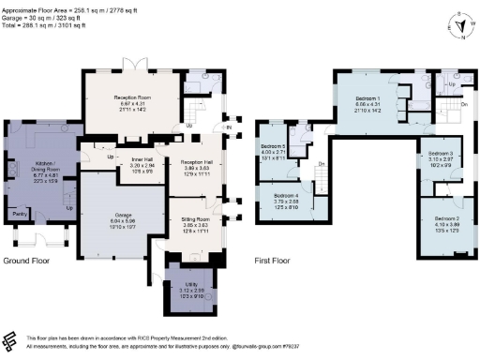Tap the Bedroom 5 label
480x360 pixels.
click(274, 147)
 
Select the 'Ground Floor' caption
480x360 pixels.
click(26, 260)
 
